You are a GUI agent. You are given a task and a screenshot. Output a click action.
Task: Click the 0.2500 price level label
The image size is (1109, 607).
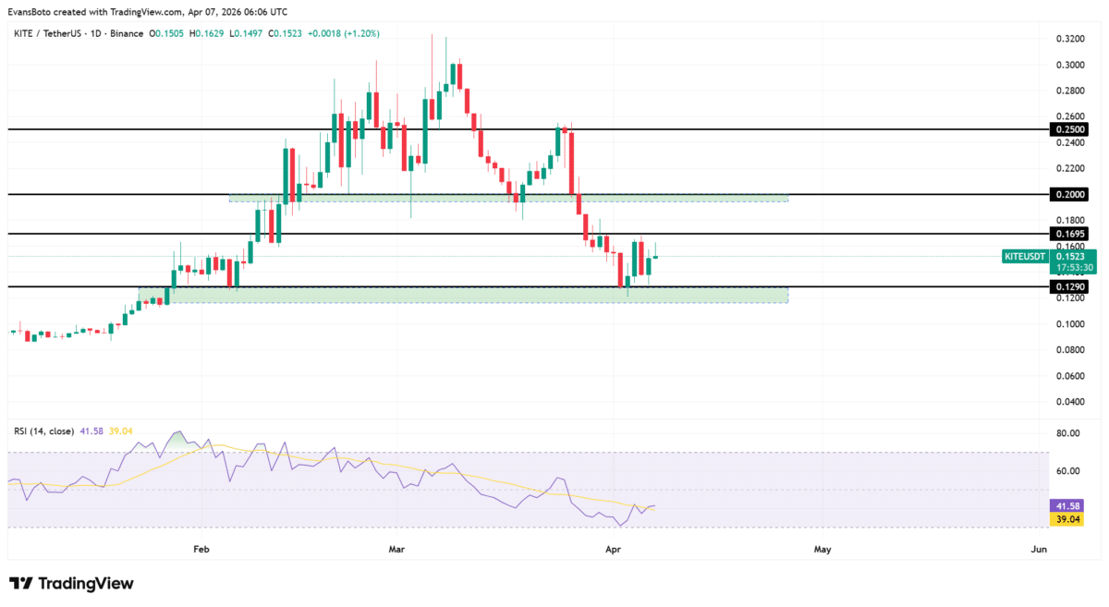pos(1069,129)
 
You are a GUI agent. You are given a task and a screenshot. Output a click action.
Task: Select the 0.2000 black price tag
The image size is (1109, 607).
pos(1069,194)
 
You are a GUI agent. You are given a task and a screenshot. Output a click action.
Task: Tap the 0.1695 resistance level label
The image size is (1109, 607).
pos(1069,234)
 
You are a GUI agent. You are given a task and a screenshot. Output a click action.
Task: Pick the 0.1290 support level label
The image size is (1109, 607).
pos(1069,287)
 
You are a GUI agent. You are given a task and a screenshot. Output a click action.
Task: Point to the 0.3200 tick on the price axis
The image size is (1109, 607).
pos(1068,40)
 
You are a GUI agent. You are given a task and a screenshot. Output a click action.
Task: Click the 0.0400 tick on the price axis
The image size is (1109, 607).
pos(1068,402)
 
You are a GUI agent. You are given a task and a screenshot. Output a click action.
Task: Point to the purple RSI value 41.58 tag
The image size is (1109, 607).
pos(1069,506)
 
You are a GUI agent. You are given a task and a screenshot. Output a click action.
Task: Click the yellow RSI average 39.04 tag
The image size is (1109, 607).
pos(1069,520)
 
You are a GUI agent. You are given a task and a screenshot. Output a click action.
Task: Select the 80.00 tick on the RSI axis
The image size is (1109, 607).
pos(1068,433)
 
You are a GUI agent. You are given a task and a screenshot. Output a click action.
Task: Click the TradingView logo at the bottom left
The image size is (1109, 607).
pos(71,584)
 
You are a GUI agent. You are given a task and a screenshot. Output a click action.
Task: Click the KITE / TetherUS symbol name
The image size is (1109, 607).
pos(51,33)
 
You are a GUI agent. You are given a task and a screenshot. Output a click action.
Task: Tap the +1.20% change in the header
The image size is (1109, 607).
pos(360,33)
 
